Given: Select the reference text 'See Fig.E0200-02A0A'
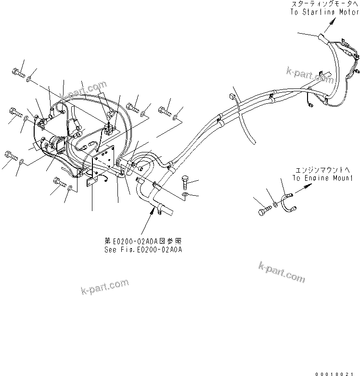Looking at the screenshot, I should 143,250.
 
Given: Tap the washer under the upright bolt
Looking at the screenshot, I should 186,195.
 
